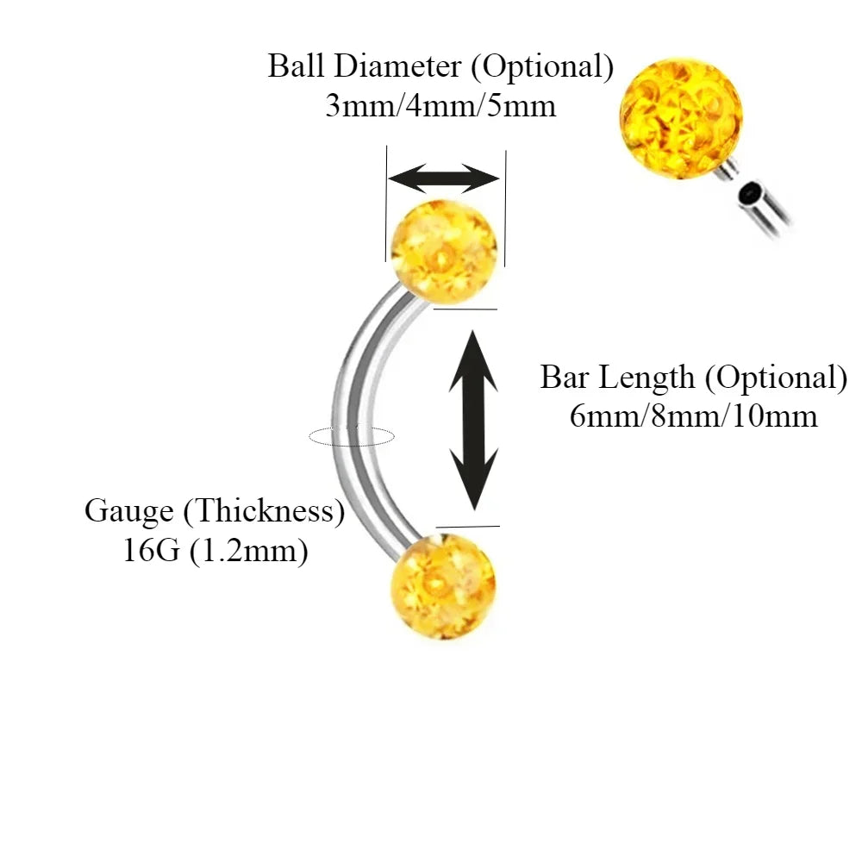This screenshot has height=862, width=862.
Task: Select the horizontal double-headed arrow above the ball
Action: coord(444,179)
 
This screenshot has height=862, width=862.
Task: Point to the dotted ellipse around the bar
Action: coord(352,437)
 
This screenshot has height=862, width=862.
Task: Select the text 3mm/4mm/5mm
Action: coord(440,107)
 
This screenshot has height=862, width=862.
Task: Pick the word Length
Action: coord(646,378)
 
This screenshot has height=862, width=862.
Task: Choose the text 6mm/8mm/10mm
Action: coord(693,417)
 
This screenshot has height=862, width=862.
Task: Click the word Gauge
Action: coord(128,511)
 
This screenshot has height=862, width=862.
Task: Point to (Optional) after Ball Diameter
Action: coord(547,67)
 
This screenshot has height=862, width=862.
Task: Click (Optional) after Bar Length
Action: coord(782,378)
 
